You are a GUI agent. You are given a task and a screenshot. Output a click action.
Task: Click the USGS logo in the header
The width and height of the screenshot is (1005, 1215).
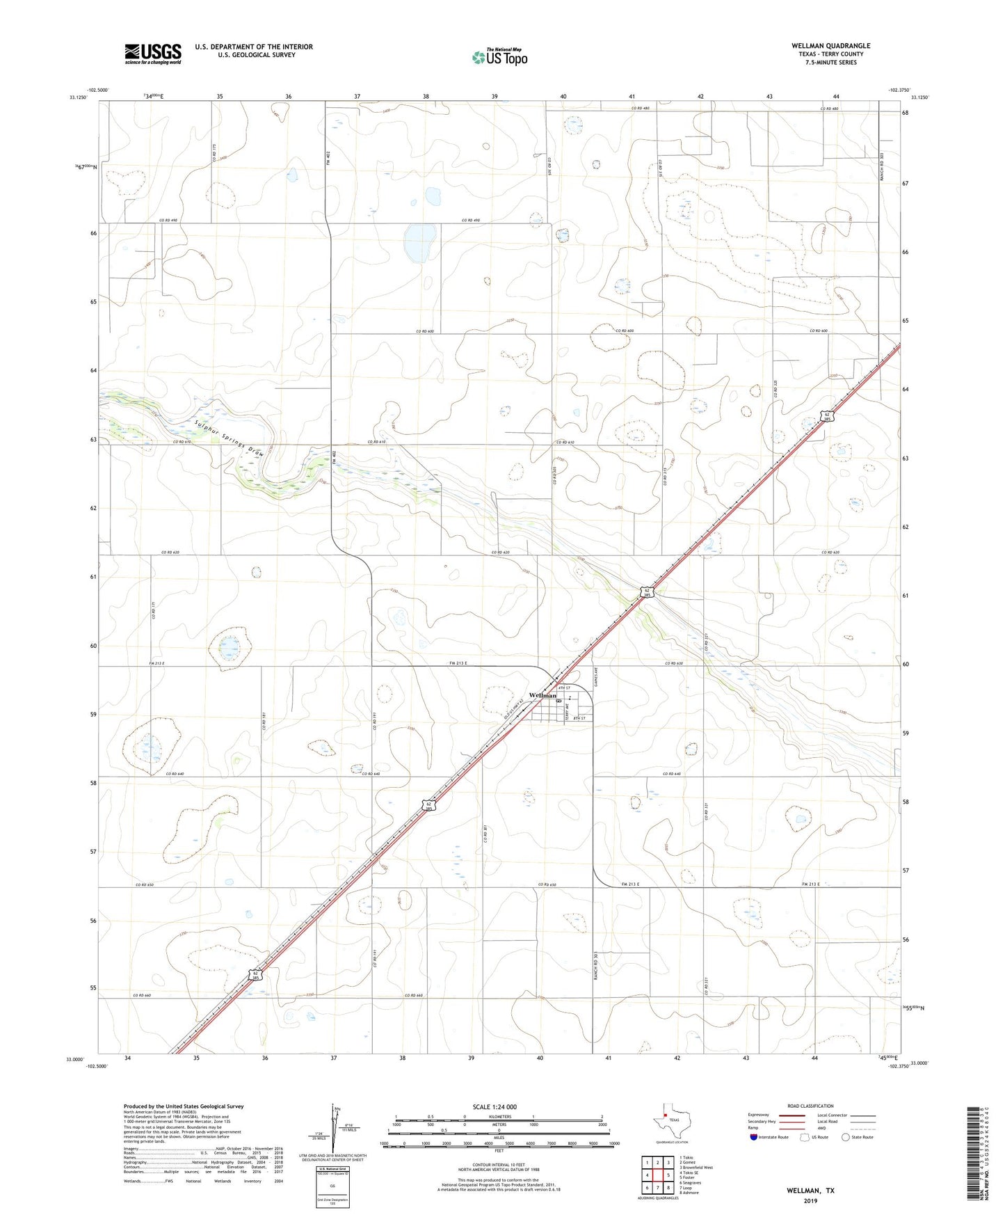pos(153,54)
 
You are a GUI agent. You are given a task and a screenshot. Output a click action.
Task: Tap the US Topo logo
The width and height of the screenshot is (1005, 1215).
pos(499,57)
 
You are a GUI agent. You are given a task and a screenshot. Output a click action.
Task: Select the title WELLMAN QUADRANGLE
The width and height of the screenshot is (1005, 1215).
pos(830,46)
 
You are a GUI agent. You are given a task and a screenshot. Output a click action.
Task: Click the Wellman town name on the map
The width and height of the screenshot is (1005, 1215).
pos(542,695)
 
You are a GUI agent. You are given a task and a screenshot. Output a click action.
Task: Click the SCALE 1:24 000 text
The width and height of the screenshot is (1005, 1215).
pos(495,1107)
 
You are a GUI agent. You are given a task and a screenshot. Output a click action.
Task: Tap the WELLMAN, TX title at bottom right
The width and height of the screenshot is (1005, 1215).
pos(810,1191)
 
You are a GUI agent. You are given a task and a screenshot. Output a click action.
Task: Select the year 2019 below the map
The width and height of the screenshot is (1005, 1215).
pos(810,1200)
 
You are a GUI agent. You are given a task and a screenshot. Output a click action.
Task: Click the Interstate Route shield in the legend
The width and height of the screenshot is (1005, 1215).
pos(754,1137)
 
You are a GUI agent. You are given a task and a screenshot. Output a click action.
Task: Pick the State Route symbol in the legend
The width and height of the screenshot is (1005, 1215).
pos(846,1137)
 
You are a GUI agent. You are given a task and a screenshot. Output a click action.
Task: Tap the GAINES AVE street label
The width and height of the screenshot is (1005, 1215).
pos(596,675)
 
